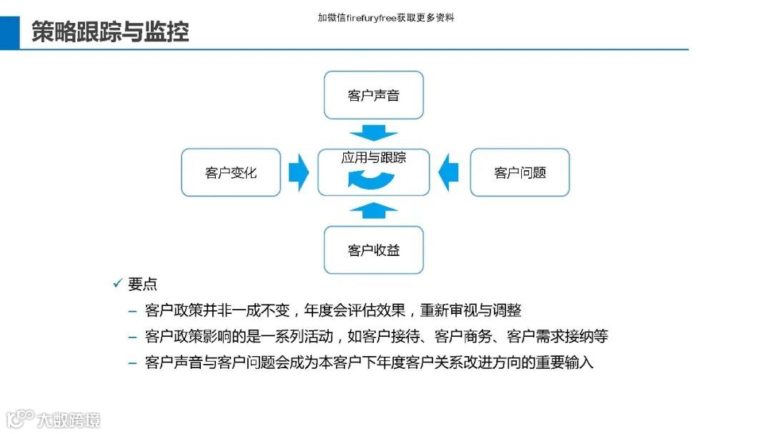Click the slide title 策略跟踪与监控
110,31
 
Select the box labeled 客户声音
373,95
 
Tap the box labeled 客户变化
230,172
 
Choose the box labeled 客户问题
520,172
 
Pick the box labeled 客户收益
373,250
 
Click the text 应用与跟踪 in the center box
373,157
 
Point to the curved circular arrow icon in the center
373,178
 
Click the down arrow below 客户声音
373,134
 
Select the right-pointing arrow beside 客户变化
298,172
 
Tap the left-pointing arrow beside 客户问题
449,172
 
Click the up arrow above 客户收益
373,209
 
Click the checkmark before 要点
118,284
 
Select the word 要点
142,284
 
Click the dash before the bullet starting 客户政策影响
132,337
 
